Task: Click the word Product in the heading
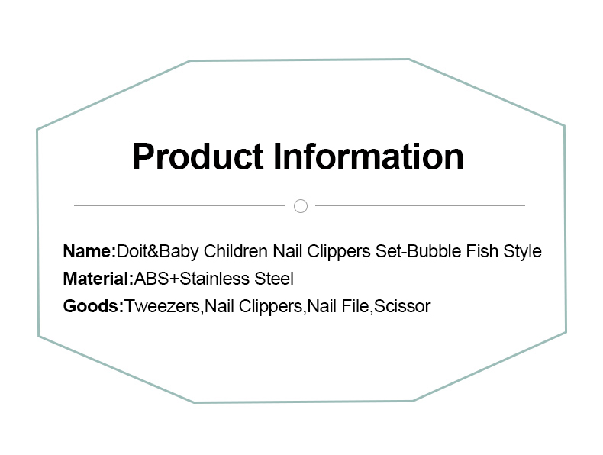pos(198,157)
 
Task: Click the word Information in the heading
pos(369,157)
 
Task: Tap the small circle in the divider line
pos(301,206)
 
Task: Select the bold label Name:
pos(89,251)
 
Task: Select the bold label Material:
pos(98,279)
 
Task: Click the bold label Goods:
pos(93,306)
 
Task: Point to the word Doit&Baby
pos(158,252)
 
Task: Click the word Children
pos(235,251)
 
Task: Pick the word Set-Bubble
pos(418,251)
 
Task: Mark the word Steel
pos(274,279)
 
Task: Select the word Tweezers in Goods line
pos(162,307)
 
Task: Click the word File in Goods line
pos(356,306)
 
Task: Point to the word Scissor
pos(401,306)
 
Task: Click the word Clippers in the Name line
pos(338,252)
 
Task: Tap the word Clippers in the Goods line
pos(270,307)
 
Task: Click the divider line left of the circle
pos(179,206)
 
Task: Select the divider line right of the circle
pos(420,206)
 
